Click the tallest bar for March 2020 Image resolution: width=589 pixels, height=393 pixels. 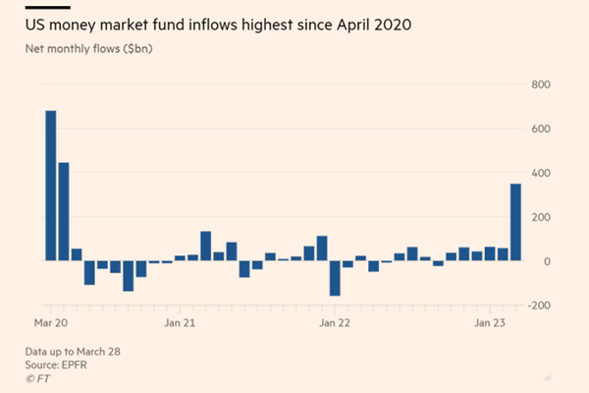[50, 186]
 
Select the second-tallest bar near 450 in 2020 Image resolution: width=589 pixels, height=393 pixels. [64, 211]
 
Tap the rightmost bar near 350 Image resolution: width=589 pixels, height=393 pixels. [515, 222]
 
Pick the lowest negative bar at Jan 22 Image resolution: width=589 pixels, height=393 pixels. [334, 278]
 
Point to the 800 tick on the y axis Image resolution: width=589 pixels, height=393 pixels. [541, 84]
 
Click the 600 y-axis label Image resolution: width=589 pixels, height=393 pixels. [541, 129]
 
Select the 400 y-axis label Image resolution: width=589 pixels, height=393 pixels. [541, 173]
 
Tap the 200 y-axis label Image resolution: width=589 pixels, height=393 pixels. [541, 217]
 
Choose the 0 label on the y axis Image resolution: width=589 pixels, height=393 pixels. [546, 261]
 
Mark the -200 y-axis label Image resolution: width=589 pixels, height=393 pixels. [539, 306]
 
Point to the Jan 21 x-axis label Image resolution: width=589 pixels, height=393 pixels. [180, 321]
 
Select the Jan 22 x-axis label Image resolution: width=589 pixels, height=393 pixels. [335, 321]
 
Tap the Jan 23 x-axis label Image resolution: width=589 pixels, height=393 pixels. [490, 321]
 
